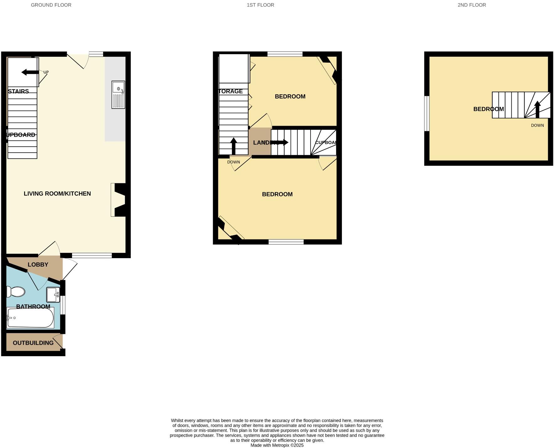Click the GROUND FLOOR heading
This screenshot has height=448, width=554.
click(x=51, y=5)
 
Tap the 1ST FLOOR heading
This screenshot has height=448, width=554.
click(x=260, y=5)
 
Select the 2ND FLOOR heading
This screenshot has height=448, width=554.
click(x=472, y=5)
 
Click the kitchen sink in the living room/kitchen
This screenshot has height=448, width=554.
click(x=118, y=95)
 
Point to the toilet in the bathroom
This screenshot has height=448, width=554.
click(x=16, y=292)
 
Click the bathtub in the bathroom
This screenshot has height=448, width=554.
click(x=30, y=318)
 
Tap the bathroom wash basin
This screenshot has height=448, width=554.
click(x=53, y=294)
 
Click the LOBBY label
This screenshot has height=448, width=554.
click(x=38, y=265)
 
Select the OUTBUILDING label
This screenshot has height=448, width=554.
click(x=33, y=343)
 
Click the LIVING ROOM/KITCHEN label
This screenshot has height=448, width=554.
click(x=57, y=194)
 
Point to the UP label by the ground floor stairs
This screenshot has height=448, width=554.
click(x=46, y=72)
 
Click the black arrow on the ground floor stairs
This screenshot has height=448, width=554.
click(x=30, y=72)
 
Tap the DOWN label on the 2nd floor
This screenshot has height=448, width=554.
click(x=537, y=125)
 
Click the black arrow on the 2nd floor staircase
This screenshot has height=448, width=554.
click(x=537, y=109)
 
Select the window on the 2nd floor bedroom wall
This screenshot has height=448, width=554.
click(x=426, y=113)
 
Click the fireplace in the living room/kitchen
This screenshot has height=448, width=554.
click(x=119, y=200)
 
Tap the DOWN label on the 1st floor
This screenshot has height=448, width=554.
click(x=233, y=162)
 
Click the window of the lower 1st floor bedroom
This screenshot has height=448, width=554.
click(x=286, y=242)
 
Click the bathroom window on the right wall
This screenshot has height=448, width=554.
click(x=63, y=305)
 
